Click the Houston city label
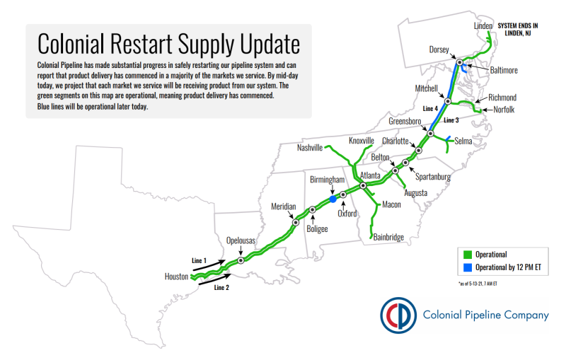click(176, 277)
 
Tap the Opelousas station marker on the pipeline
click(241, 260)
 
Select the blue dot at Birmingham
click(333, 199)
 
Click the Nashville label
click(310, 148)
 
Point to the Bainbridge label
click(388, 238)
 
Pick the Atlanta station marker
click(363, 185)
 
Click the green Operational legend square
click(468, 255)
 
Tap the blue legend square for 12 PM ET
click(468, 267)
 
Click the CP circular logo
click(398, 315)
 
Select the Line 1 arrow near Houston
click(212, 265)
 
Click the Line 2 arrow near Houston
click(215, 279)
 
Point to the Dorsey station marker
click(459, 62)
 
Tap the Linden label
click(483, 26)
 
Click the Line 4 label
click(430, 109)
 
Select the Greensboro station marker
click(430, 134)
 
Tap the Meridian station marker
click(296, 223)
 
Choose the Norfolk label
click(504, 110)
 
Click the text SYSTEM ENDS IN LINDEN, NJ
click(518, 29)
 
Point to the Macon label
click(392, 204)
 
